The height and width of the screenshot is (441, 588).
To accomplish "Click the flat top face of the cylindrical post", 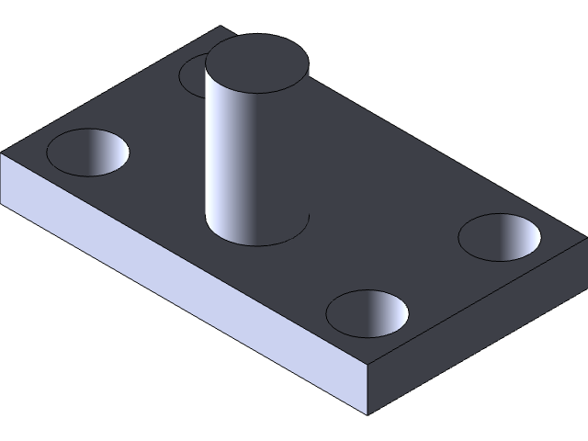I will [x=256, y=63].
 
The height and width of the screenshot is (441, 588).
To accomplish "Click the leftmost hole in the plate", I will [x=87, y=152].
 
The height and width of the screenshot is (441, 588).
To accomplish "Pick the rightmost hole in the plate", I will [x=500, y=236].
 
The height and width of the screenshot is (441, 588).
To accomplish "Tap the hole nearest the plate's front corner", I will [x=367, y=313].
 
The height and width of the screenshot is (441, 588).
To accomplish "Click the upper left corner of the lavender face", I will [x=3, y=157].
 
